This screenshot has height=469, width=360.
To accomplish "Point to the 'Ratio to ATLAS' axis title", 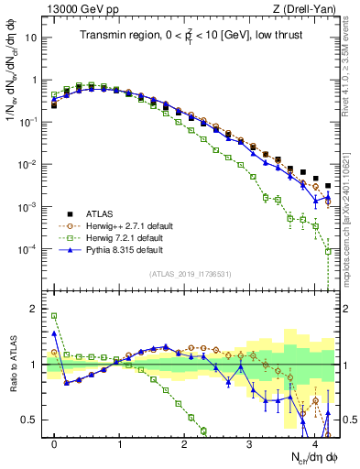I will [12, 366].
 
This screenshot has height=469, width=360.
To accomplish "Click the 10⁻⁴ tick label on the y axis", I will [27, 249].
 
